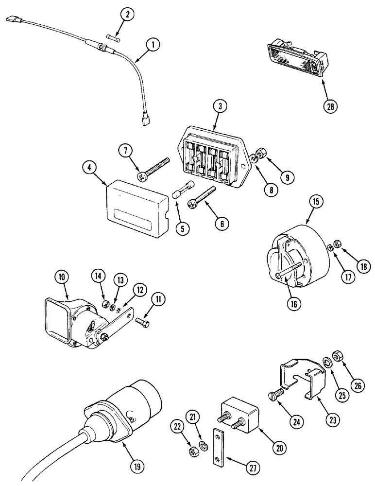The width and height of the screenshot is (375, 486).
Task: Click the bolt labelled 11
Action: [141, 322]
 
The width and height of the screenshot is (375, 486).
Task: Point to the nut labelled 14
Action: [104, 305]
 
